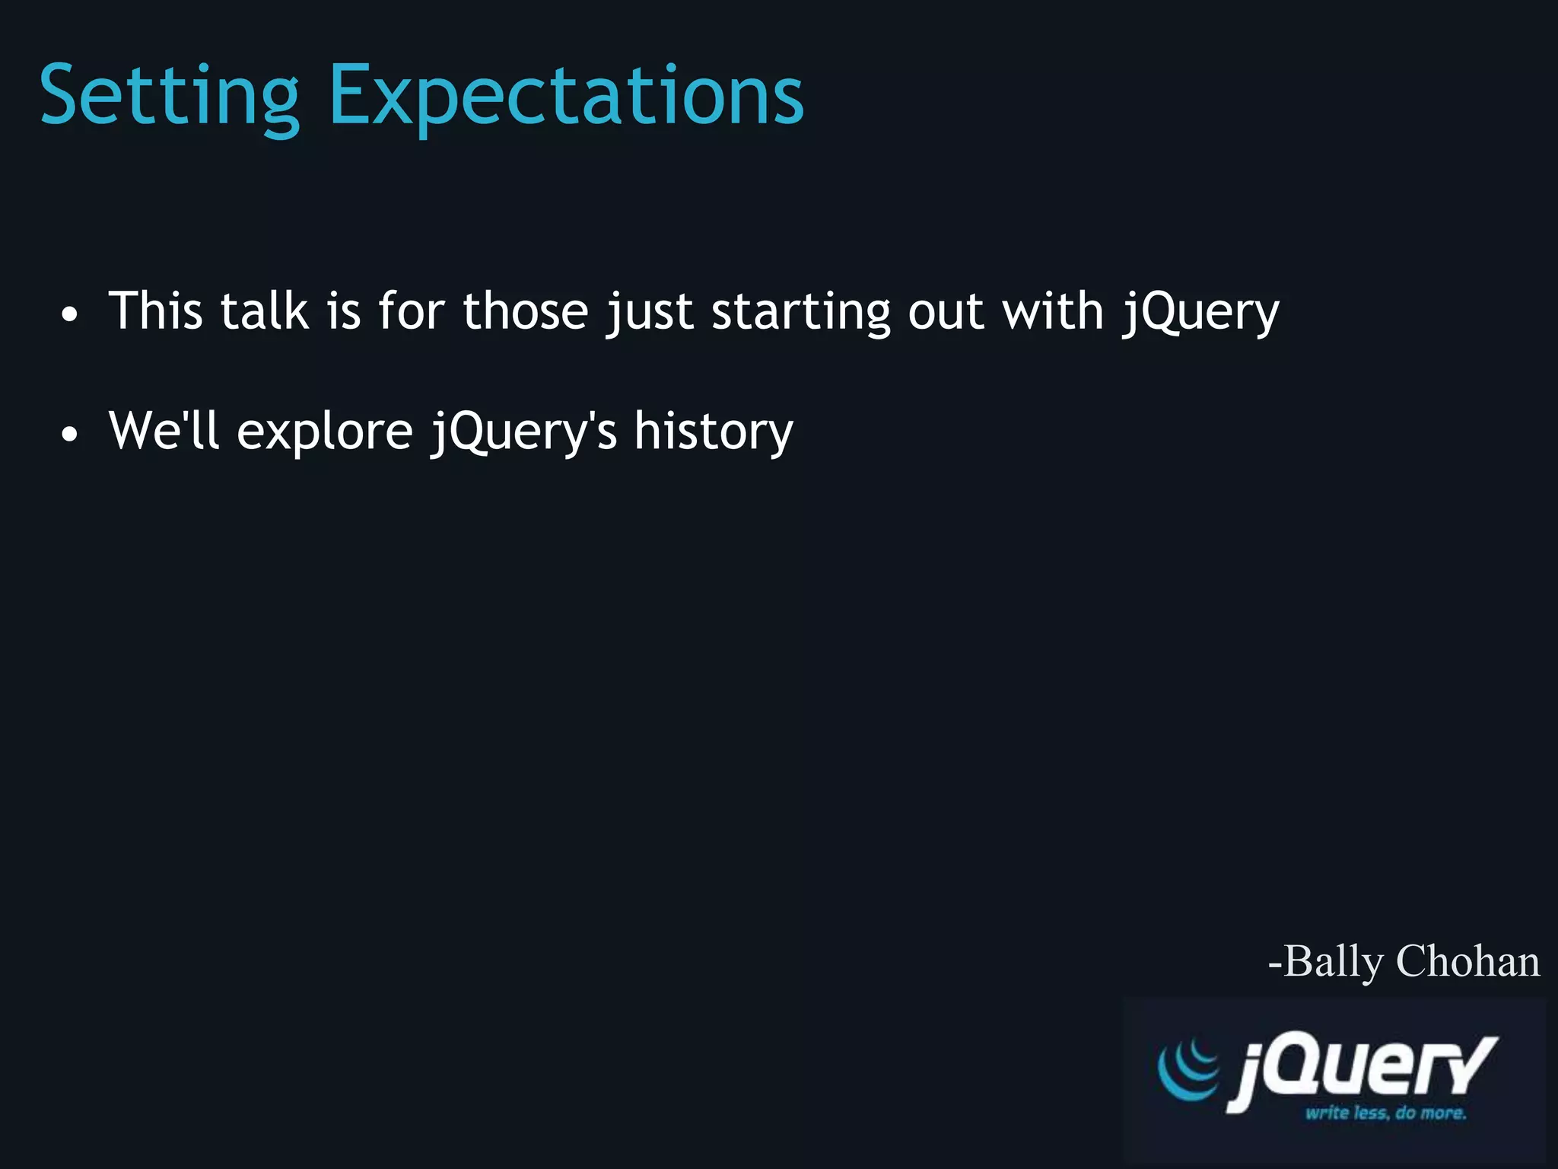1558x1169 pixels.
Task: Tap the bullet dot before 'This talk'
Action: (x=69, y=314)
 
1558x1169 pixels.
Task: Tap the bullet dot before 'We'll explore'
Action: (x=69, y=435)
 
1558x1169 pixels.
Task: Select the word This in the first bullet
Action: (x=155, y=311)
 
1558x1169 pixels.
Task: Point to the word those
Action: (x=525, y=311)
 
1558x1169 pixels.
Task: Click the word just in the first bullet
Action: (x=649, y=313)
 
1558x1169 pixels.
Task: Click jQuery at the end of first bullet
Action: (x=1201, y=313)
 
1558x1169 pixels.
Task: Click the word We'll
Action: (x=163, y=431)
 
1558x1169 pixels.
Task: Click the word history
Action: (x=714, y=432)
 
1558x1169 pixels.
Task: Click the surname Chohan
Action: (x=1467, y=961)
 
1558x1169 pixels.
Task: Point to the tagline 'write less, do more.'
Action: (x=1385, y=1113)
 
